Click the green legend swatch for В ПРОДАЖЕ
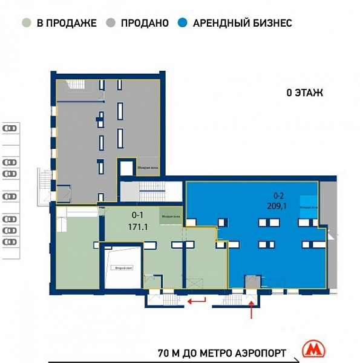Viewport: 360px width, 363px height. point(26,24)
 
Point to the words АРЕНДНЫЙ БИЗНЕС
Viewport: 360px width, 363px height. point(242,24)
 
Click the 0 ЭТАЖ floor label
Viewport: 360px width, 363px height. point(306,93)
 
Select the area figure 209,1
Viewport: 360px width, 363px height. point(278,206)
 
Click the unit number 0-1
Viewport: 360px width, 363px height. point(138,215)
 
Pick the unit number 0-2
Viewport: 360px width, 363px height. point(278,195)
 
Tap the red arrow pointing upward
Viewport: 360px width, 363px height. point(251,310)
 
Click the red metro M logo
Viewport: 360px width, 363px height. point(313,349)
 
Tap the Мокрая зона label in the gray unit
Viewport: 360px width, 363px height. point(147,168)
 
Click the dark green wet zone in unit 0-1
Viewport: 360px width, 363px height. point(170,214)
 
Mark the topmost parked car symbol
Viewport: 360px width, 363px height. point(10,128)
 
